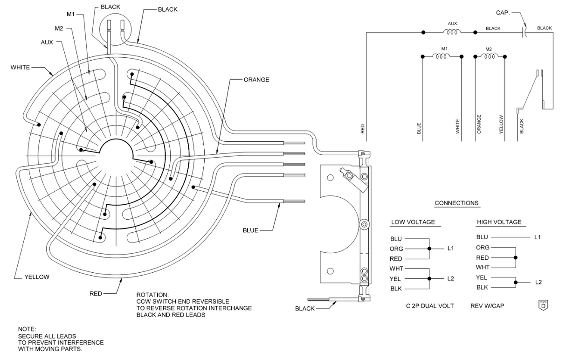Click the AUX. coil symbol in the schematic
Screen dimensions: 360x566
coord(451,32)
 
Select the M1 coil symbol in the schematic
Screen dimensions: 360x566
coord(441,56)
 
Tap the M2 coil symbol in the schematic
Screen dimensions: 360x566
coord(489,56)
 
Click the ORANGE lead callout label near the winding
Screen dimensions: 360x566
coord(256,80)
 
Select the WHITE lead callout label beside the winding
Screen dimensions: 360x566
coord(20,68)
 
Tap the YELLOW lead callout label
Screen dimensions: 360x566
coord(37,277)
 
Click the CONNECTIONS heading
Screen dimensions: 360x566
coord(457,203)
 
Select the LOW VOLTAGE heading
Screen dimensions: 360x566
coord(413,222)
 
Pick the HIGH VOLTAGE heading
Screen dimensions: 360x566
coord(499,222)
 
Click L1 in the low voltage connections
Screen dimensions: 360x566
coord(450,249)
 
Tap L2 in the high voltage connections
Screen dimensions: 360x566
coord(538,282)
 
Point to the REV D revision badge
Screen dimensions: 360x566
coord(543,305)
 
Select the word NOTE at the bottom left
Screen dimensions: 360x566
coord(27,329)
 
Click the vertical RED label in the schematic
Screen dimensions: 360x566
coord(363,129)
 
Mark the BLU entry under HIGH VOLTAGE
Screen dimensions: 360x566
coord(483,237)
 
